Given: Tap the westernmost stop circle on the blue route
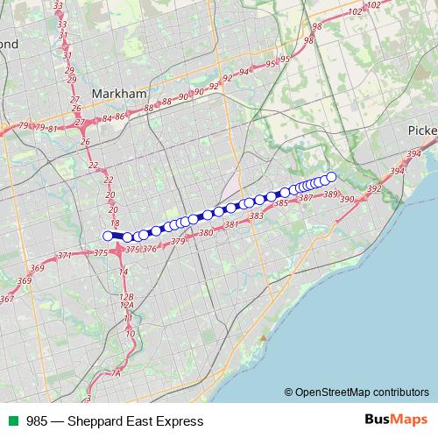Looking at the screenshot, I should [x=109, y=235].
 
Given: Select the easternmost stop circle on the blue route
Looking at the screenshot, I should [x=332, y=177].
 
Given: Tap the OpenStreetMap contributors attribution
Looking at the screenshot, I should [x=356, y=392].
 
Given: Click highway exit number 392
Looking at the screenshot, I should [x=374, y=189].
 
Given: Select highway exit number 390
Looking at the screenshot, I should [x=346, y=200].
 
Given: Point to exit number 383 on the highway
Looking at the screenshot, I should [x=257, y=215].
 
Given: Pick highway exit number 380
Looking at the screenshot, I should [x=207, y=233].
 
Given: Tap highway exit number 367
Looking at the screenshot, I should [x=7, y=300].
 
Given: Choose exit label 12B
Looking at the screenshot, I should [x=127, y=298].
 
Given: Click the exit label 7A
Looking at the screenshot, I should [x=116, y=374].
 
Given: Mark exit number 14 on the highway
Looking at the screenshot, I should [x=124, y=272].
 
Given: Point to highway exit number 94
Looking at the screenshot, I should [x=244, y=72].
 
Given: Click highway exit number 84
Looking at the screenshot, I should [x=107, y=118].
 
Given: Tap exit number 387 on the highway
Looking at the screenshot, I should [x=306, y=198].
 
